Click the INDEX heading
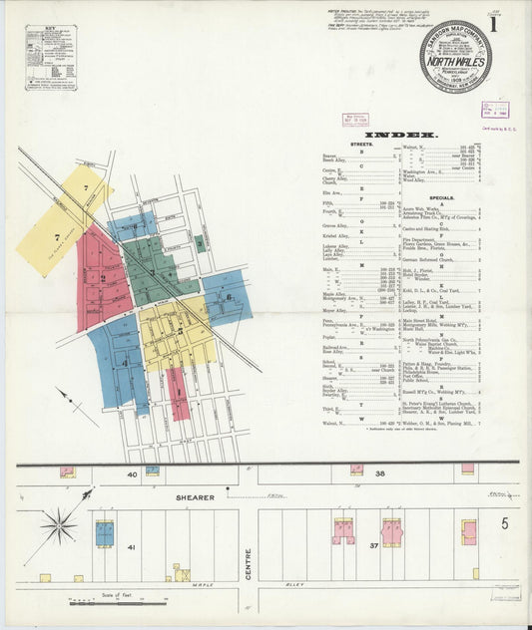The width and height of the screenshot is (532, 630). point(403,134)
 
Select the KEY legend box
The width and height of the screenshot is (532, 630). point(51,58)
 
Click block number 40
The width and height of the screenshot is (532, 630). point(132,474)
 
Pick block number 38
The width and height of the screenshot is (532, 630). point(379,474)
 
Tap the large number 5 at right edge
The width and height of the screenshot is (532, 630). point(505,523)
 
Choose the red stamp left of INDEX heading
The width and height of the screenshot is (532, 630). point(355,119)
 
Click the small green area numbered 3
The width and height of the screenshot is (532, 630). point(201,241)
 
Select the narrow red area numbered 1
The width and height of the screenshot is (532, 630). point(178,392)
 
